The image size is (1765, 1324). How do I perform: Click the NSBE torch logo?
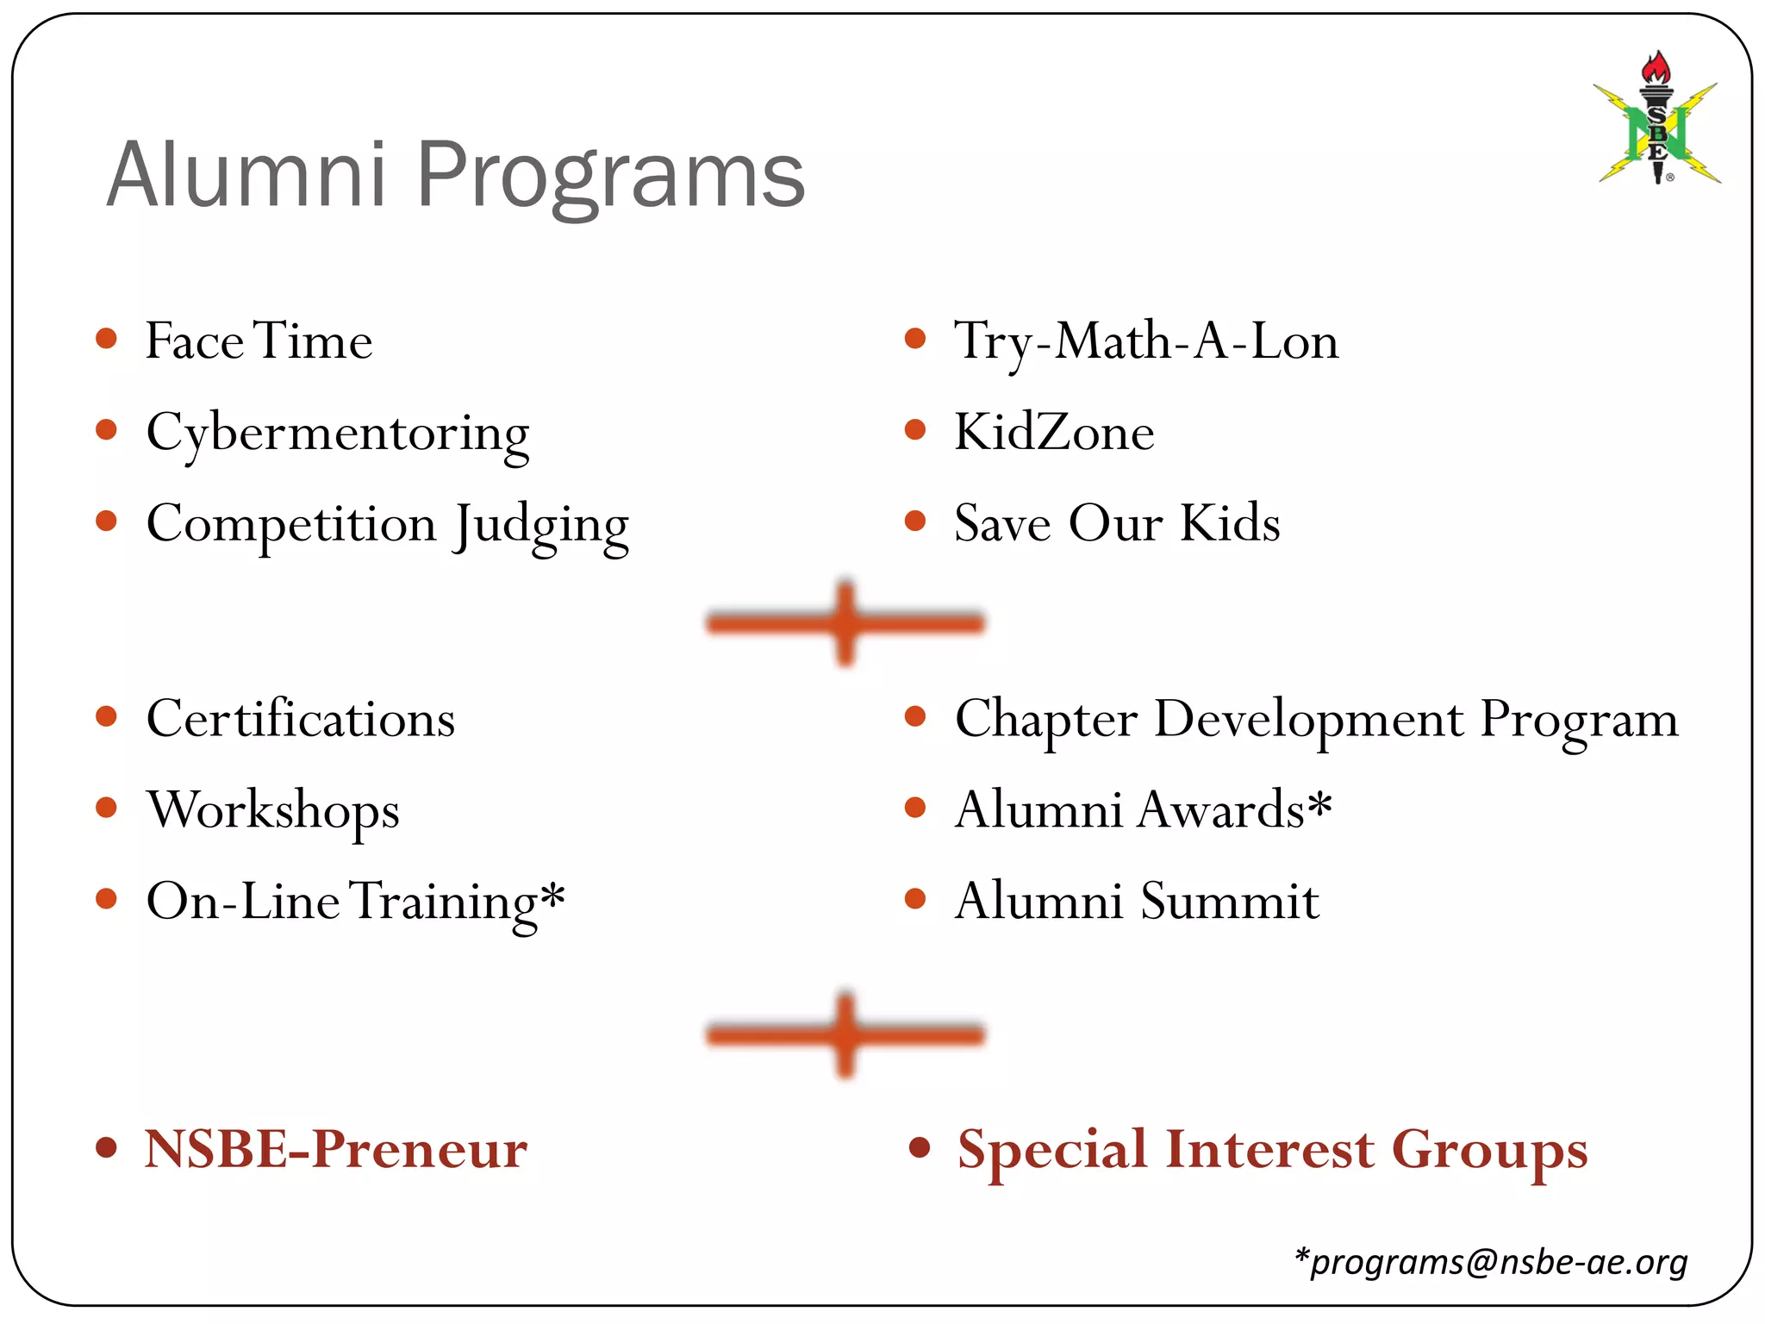1657,121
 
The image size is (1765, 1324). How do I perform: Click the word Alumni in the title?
246,176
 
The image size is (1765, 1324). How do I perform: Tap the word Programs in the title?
610,176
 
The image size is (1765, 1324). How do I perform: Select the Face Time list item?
259,341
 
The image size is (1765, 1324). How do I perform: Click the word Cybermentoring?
337,434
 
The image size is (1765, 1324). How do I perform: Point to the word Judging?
542,525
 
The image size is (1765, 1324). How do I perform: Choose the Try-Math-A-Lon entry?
1146,341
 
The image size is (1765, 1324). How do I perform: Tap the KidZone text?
1054,433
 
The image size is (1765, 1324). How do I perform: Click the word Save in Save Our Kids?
1002,524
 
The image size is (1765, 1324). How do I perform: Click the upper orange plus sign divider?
845,623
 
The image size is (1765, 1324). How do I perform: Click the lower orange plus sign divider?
845,1034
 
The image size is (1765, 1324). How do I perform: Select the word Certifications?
301,719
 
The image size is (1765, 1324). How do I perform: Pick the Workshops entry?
273,810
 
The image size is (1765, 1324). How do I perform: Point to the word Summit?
1230,902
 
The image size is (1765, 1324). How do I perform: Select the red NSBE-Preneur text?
336,1149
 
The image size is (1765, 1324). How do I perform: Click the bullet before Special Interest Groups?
920,1147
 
